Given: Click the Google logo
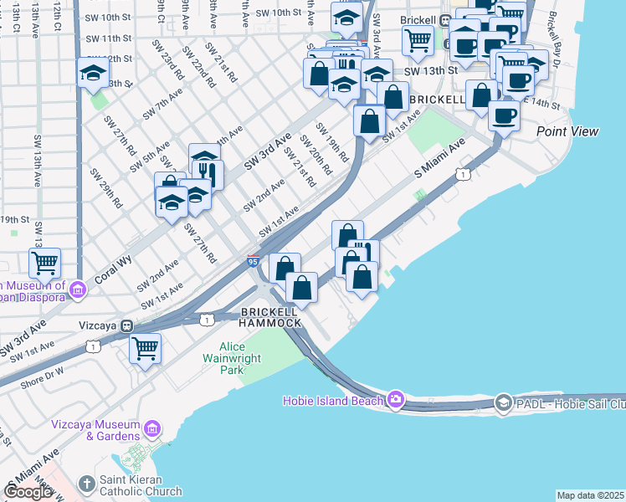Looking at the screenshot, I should (x=27, y=492).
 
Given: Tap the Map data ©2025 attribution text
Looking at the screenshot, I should (x=591, y=495).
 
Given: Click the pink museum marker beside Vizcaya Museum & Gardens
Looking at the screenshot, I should (x=151, y=430).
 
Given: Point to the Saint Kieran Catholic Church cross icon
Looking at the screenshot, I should (x=86, y=484).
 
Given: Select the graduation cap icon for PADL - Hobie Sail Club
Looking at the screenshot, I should (x=503, y=402).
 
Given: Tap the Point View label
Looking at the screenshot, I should (x=567, y=131).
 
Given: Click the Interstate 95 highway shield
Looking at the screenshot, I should (x=253, y=262).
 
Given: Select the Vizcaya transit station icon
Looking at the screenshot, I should (x=126, y=325).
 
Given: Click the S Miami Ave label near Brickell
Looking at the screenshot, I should (x=439, y=158).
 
